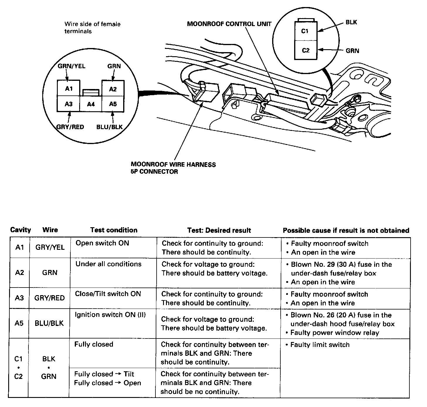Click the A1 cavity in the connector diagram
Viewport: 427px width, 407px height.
(x=68, y=88)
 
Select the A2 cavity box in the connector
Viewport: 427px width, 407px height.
(x=113, y=89)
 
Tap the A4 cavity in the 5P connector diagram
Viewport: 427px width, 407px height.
(x=91, y=104)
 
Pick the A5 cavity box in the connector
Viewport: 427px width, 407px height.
(x=113, y=104)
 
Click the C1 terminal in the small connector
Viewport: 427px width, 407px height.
(x=305, y=31)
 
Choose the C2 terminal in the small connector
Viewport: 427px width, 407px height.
(x=305, y=50)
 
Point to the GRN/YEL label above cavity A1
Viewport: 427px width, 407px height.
(x=71, y=66)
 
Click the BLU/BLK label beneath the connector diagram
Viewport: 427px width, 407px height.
(x=109, y=127)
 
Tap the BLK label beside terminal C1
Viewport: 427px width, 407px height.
(x=351, y=22)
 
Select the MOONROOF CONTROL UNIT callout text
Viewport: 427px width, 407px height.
(x=229, y=24)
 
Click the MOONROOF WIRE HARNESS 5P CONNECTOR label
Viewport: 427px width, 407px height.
(x=173, y=168)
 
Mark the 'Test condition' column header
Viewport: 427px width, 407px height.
(x=114, y=230)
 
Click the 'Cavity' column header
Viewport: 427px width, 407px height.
(x=21, y=230)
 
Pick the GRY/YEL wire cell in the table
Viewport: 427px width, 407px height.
(x=50, y=247)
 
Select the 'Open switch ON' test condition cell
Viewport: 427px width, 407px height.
(x=102, y=243)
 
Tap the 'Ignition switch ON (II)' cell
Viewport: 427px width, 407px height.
(x=110, y=315)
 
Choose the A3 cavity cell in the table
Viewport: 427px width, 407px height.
(x=19, y=298)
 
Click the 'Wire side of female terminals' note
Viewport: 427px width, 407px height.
(x=92, y=28)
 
